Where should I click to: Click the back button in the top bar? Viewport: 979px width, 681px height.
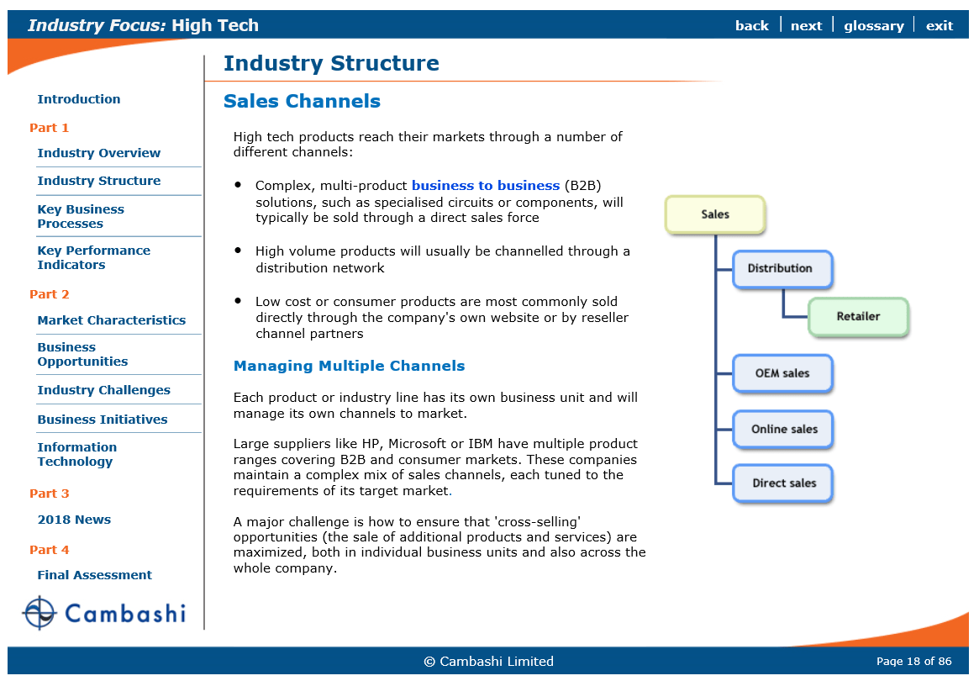pos(751,25)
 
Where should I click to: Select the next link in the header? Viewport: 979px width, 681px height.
pos(806,25)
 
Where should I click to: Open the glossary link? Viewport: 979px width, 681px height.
pos(873,25)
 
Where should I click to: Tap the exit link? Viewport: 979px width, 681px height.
pos(939,25)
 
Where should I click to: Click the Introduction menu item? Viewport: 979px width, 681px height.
pos(78,99)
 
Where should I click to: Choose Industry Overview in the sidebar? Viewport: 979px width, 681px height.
pos(98,153)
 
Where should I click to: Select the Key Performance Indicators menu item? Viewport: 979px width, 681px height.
pos(93,257)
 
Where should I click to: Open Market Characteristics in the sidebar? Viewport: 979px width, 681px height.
pos(111,320)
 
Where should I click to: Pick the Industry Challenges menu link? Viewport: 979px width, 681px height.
pos(103,390)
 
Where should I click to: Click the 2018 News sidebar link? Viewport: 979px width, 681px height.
pos(74,520)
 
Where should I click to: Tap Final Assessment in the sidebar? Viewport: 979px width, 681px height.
pos(94,575)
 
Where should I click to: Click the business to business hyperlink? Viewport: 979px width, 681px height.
pos(485,186)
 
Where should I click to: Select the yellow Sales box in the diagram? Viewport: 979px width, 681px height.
pos(715,214)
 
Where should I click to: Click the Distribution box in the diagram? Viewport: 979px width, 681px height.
pos(782,269)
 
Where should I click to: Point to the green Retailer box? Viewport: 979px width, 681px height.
pos(858,317)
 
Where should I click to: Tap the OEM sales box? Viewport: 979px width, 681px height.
pos(782,373)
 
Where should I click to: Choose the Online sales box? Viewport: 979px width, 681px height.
pos(783,429)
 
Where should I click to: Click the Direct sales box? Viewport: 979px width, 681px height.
pos(783,483)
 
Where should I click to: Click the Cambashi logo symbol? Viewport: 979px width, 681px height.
pos(39,613)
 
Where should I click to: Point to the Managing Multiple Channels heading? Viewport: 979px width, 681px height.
pos(349,366)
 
